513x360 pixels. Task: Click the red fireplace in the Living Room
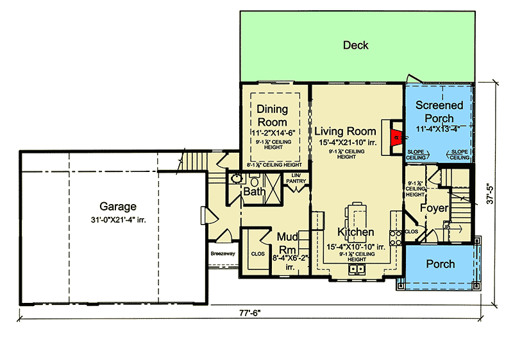pyautogui.click(x=397, y=135)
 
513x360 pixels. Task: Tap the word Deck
pyautogui.click(x=355, y=45)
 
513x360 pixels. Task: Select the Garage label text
pyautogui.click(x=118, y=207)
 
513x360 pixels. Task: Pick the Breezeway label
pyautogui.click(x=224, y=253)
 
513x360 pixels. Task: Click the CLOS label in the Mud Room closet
pyautogui.click(x=258, y=254)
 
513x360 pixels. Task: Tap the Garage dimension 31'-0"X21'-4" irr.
pyautogui.click(x=118, y=219)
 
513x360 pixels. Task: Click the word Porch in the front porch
pyautogui.click(x=441, y=263)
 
